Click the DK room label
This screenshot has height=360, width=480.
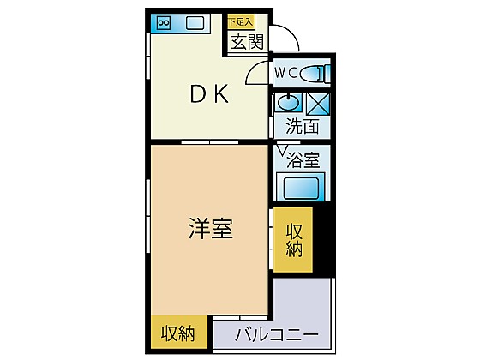click(x=209, y=93)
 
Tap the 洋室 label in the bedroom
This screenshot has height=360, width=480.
click(x=211, y=228)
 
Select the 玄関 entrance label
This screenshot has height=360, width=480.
click(x=247, y=42)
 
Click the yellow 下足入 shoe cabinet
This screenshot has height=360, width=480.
click(x=241, y=21)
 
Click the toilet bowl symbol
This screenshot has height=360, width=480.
click(x=315, y=74)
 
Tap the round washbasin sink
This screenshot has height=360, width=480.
click(x=288, y=103)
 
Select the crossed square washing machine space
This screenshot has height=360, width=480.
click(x=318, y=104)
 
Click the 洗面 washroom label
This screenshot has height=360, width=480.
click(x=302, y=125)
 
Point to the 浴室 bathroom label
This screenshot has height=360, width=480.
click(x=303, y=159)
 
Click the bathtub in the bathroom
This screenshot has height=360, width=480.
click(x=301, y=187)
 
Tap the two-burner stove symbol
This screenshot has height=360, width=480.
click(x=164, y=23)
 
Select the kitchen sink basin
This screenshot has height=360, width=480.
click(x=195, y=23)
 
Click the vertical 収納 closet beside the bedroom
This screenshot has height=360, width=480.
click(x=293, y=240)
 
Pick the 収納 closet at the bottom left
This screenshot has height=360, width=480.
click(x=179, y=333)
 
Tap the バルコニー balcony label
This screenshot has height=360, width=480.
click(x=276, y=334)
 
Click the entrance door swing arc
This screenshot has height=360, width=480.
click(x=291, y=33)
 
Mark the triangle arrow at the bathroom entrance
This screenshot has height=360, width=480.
click(x=282, y=150)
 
